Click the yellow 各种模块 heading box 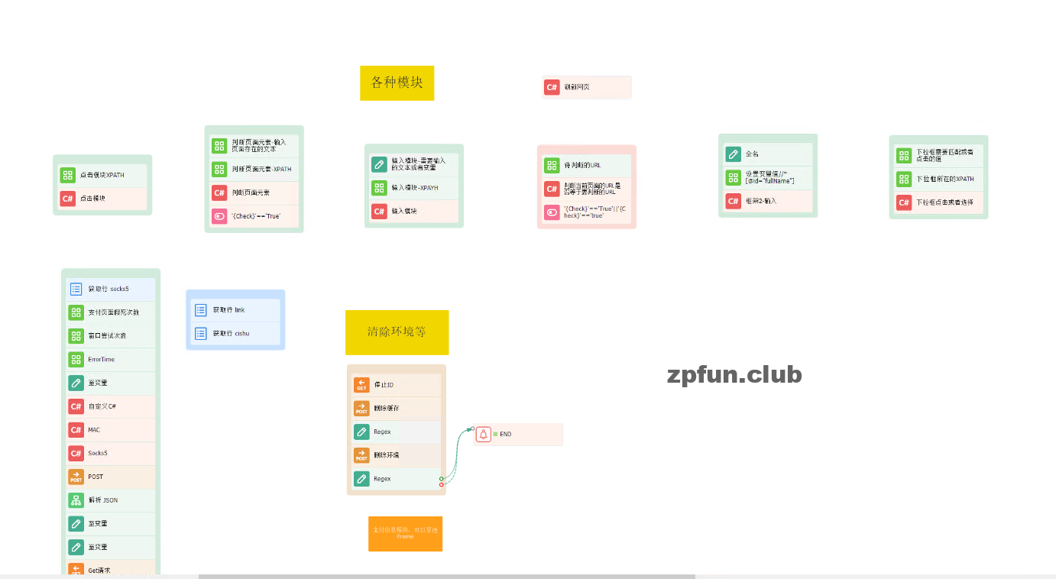click(x=397, y=82)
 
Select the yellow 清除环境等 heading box click(x=397, y=332)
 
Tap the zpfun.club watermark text click(x=734, y=374)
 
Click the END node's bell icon click(x=483, y=434)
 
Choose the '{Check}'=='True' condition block click(x=254, y=216)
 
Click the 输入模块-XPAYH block click(x=413, y=188)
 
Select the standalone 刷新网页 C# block click(x=586, y=87)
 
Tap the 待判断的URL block click(x=586, y=165)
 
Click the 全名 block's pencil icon click(x=734, y=154)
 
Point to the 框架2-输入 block click(x=767, y=201)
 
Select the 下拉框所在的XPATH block click(x=938, y=179)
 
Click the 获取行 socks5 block click(x=110, y=289)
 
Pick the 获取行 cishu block click(x=235, y=333)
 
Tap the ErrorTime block click(x=110, y=359)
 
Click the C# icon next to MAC click(x=76, y=430)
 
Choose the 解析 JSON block click(x=110, y=500)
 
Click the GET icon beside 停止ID click(x=361, y=385)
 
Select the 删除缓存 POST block click(x=396, y=409)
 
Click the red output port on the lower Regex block click(x=442, y=484)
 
